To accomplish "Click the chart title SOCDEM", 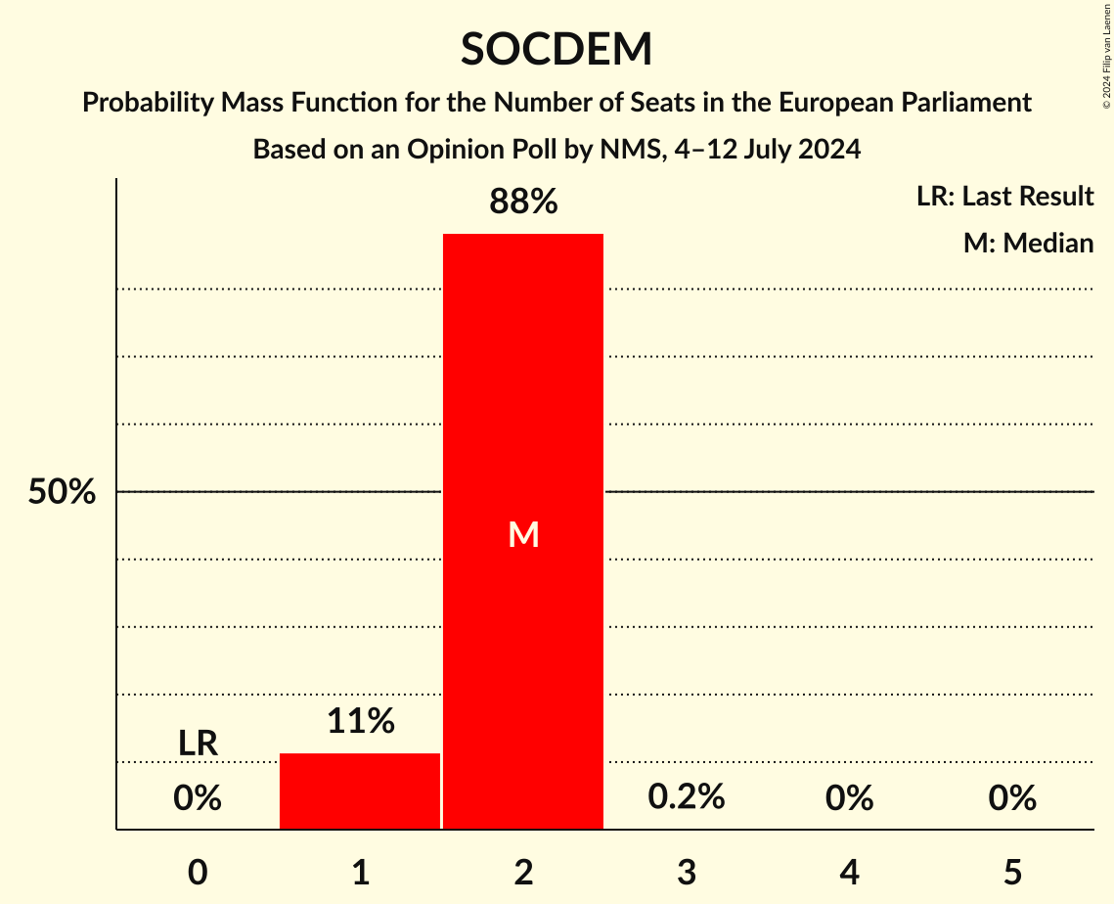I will click(x=557, y=49).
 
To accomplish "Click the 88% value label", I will click(x=523, y=203).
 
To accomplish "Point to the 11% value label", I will click(x=360, y=721).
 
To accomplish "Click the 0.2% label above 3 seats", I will click(x=687, y=797).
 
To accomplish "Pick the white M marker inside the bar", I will click(x=523, y=534).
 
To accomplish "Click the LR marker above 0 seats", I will click(x=198, y=744).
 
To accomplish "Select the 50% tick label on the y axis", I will click(x=62, y=492).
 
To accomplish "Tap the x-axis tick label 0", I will click(x=198, y=872).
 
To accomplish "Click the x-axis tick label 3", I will click(x=687, y=872).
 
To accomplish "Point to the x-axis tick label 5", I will click(x=1012, y=872).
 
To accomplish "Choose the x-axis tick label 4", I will click(x=849, y=872).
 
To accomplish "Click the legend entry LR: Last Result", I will click(x=1004, y=197).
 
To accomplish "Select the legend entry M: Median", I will click(x=1028, y=243).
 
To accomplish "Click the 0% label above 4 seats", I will click(x=849, y=798).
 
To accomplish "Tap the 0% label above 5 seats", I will click(x=1012, y=798).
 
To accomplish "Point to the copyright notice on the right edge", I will click(x=1106, y=55).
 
